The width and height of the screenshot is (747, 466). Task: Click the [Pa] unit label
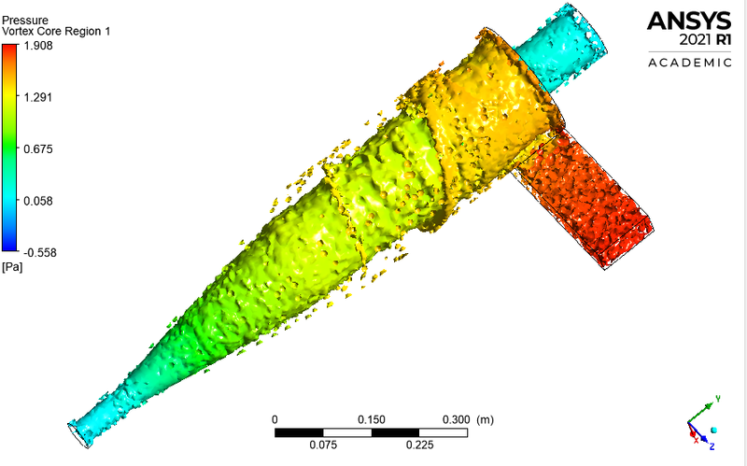13,268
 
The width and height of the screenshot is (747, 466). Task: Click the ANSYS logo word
690,21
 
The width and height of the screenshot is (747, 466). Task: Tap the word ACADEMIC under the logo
690,63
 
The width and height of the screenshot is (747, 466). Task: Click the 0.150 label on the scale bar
372,419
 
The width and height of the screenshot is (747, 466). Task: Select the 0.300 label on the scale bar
454,419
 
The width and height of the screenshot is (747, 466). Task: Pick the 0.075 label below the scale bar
323,445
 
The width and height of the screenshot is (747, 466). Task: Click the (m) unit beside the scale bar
485,419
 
